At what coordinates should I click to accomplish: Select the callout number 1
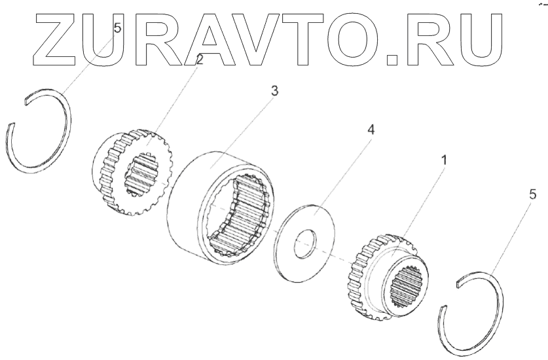pyautogui.click(x=444, y=159)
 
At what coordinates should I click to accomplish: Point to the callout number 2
pyautogui.click(x=199, y=60)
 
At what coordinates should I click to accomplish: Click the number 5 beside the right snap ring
pyautogui.click(x=532, y=194)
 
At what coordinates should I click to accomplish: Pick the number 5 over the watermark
pyautogui.click(x=117, y=28)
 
